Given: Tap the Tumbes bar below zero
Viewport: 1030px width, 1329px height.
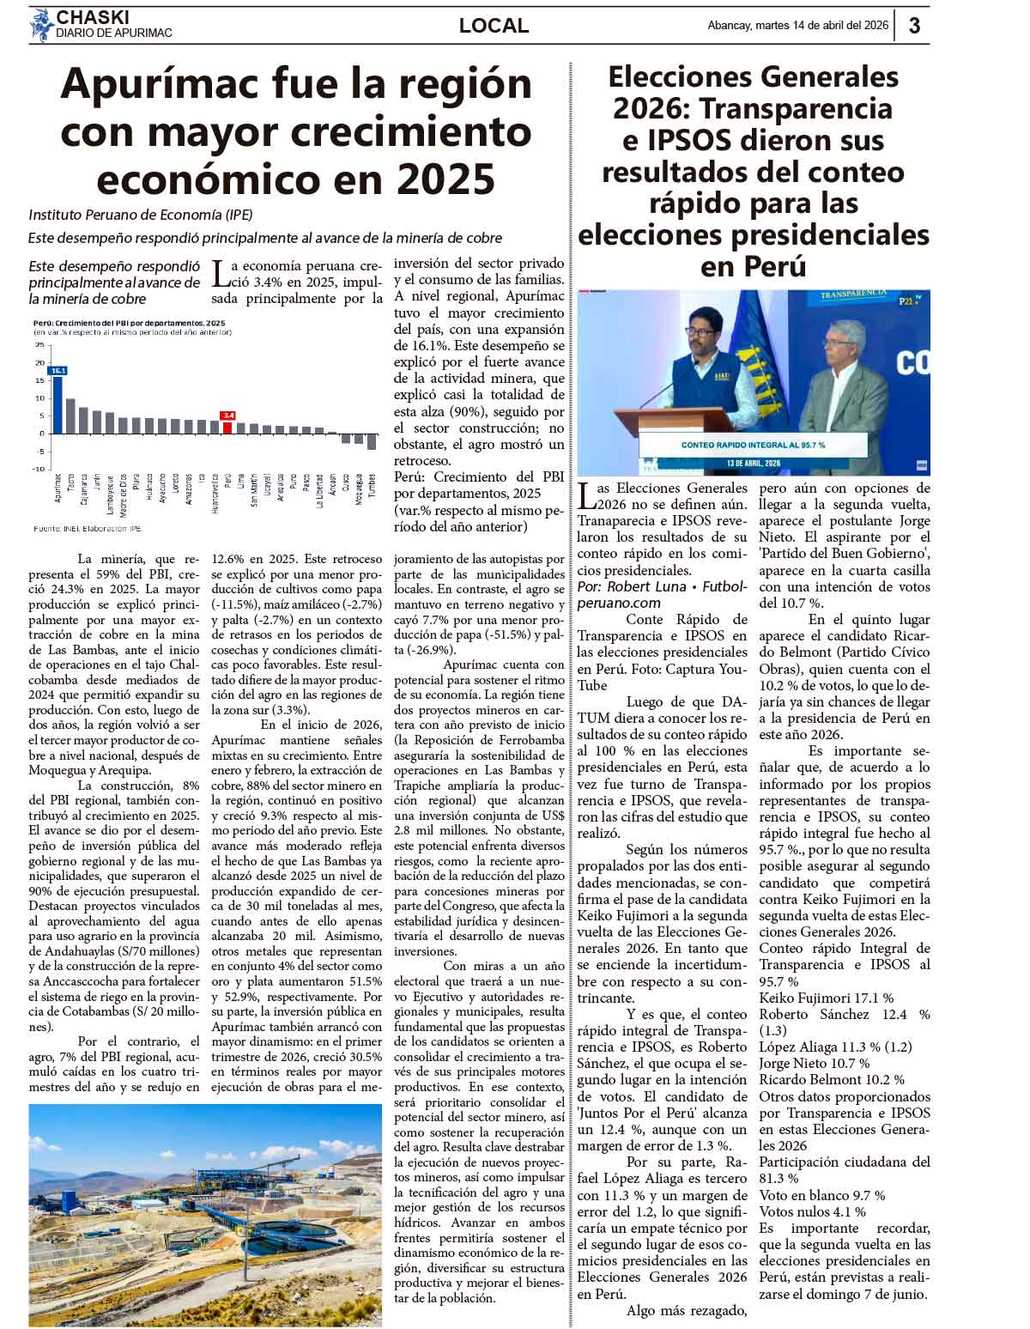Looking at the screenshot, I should point(372,441).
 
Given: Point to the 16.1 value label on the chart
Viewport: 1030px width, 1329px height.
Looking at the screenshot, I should point(58,370).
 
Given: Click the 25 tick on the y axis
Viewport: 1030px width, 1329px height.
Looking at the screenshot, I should point(39,344).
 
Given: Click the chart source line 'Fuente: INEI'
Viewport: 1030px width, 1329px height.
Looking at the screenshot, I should point(88,528).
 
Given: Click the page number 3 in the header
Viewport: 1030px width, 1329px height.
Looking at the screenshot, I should point(914,26).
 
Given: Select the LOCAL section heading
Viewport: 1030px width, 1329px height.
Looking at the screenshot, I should point(494,26).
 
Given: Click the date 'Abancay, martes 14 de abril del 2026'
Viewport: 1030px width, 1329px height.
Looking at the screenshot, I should point(797,26).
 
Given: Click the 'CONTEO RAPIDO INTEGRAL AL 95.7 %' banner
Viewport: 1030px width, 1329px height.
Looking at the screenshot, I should point(753,445).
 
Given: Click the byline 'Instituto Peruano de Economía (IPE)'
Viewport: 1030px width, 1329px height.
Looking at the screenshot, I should point(141,215).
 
